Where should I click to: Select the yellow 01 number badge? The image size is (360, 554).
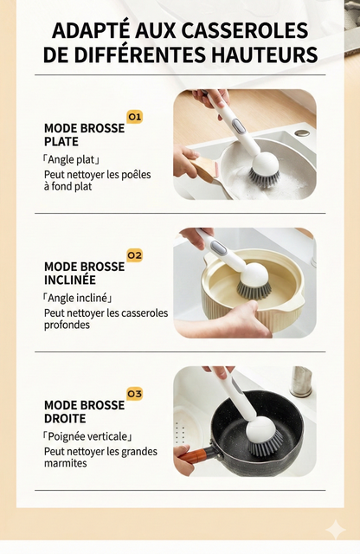[134, 116]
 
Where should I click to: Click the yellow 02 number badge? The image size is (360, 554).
[134, 255]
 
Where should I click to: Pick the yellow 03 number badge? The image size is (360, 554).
[134, 394]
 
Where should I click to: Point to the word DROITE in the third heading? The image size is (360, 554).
[66, 419]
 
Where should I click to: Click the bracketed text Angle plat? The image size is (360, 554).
[73, 160]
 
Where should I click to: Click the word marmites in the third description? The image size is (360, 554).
[66, 463]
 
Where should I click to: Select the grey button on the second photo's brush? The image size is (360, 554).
[219, 249]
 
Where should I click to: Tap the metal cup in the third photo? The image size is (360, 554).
[300, 382]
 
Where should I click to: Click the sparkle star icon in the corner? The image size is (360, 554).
[334, 531]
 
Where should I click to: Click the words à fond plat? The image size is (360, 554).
[68, 186]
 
